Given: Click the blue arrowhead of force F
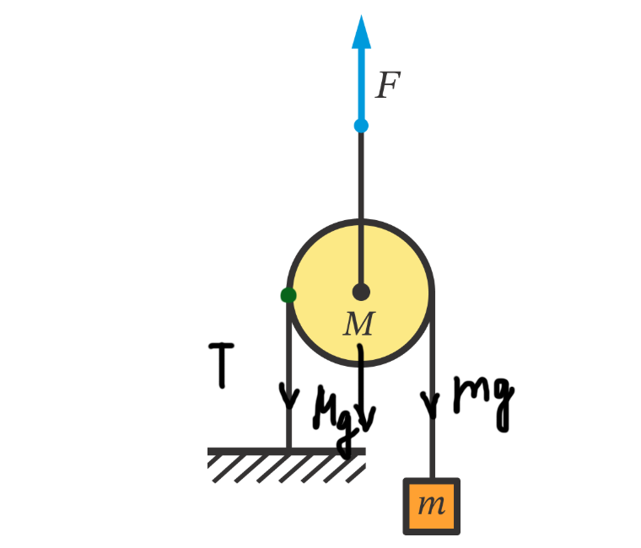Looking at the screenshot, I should tap(362, 32).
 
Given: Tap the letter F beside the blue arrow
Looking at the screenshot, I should tap(387, 86).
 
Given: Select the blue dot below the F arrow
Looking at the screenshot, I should tap(361, 126).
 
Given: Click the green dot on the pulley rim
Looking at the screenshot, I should tap(288, 295).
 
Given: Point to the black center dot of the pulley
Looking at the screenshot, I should tap(361, 293).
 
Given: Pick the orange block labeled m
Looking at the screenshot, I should tap(432, 506).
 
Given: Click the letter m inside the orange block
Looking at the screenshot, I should tap(432, 506).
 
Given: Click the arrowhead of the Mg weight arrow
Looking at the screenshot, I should tap(365, 417).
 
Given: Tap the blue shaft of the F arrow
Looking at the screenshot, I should tap(361, 84).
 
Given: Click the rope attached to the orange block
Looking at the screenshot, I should tap(433, 447).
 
